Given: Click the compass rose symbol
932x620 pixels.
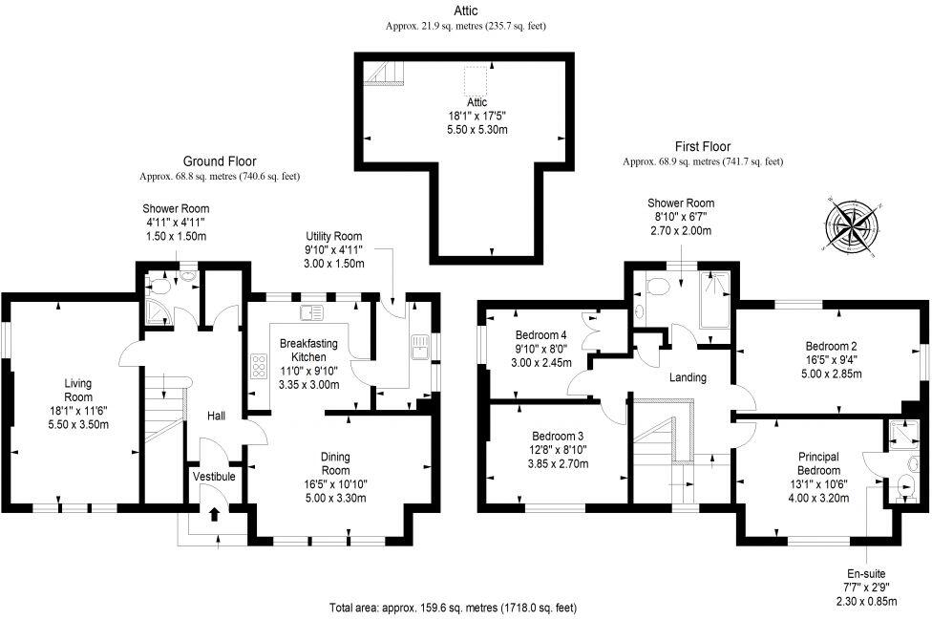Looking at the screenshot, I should [855, 225].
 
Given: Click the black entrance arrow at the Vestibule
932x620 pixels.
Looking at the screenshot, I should [213, 514].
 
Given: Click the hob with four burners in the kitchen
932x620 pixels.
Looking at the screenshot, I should [258, 366].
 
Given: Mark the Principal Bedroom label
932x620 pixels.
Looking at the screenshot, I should [818, 463].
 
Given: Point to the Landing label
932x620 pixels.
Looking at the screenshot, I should [688, 377].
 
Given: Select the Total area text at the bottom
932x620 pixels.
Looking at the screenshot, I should [453, 608].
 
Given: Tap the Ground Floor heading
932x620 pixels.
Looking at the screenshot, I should [220, 161].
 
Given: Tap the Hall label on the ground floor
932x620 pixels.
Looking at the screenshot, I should [217, 416].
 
